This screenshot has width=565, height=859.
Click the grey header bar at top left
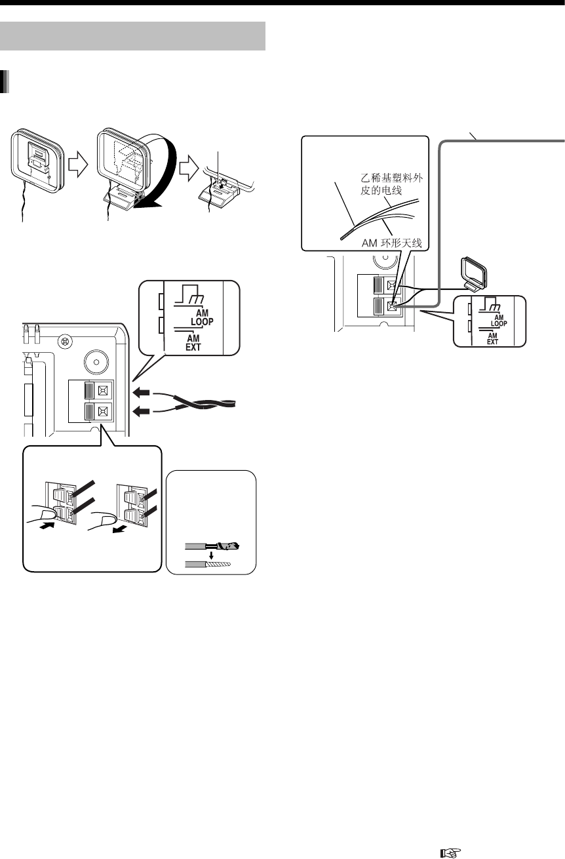tap(134, 35)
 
